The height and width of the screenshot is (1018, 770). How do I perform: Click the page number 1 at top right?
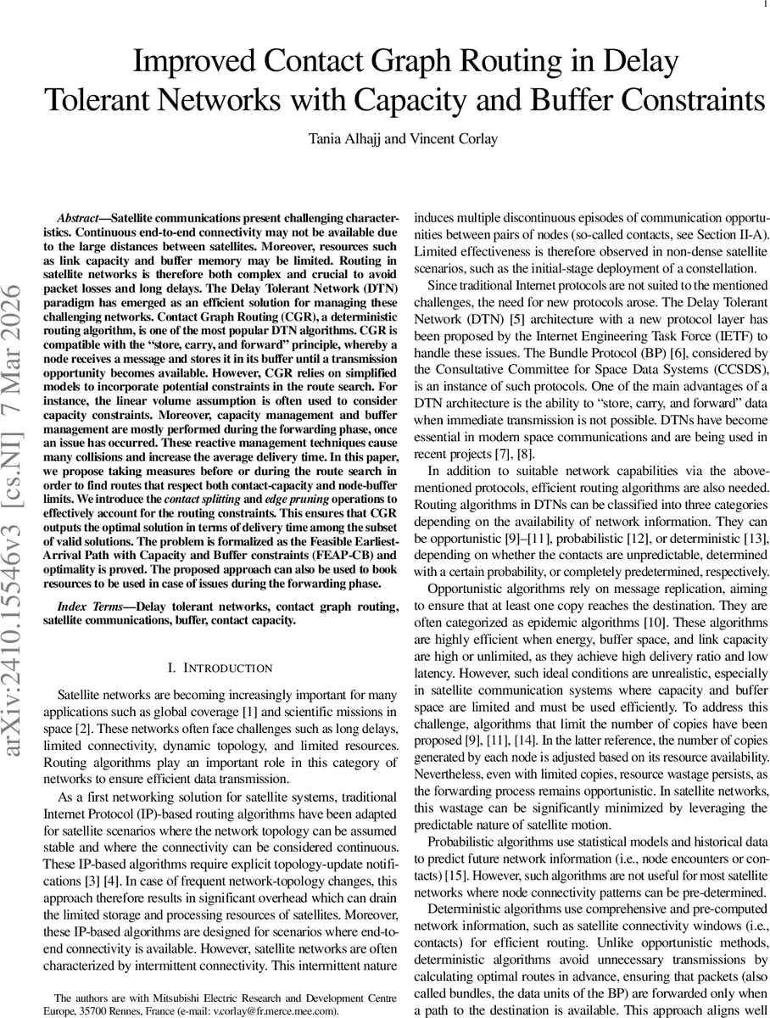(765, 7)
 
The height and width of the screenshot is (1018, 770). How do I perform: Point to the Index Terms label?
(93, 607)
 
